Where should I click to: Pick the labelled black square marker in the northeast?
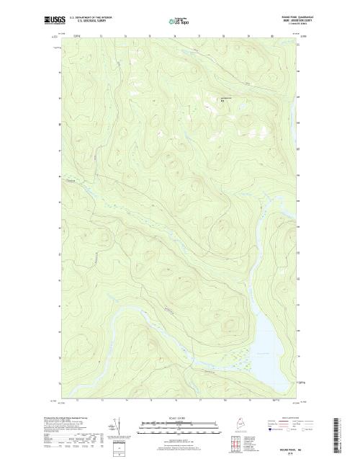232,101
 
